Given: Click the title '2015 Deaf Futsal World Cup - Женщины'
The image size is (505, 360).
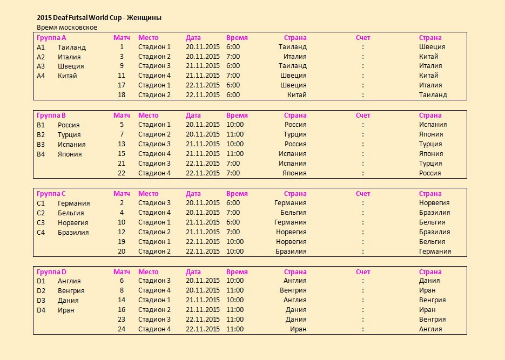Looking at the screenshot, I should pos(99,18).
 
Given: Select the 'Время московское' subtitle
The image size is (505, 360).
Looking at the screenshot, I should pos(67,27).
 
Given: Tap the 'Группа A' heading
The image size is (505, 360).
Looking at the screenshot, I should pos(51,38).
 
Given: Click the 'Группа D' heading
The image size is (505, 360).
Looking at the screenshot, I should pos(51,271).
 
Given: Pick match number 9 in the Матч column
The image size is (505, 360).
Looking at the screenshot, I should pos(122,66).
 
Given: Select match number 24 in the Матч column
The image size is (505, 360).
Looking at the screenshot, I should pos(122,329).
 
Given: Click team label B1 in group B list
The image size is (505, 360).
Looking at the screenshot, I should pos(41,125).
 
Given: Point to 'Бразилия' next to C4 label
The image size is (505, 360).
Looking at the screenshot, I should pos(73,232).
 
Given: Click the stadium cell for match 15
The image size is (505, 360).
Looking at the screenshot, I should pos(154,154).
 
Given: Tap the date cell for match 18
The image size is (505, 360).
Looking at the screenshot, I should pos(203,95).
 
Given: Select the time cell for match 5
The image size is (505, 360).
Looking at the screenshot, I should pos(235,125).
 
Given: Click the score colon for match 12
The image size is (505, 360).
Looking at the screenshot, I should pos(363,232).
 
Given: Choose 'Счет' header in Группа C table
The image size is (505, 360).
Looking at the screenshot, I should pos(363,193).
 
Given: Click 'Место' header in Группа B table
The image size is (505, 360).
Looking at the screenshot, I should pos(148,115).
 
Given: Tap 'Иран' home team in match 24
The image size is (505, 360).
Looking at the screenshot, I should pos(298,329).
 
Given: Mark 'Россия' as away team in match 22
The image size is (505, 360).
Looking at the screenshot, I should pos(430,173).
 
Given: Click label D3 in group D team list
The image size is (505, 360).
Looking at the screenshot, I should pos(41,301).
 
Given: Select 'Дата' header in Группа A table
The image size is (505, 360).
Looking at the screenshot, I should pos(193,38).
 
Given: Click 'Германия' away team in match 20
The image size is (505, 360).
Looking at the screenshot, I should pos(435,252).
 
